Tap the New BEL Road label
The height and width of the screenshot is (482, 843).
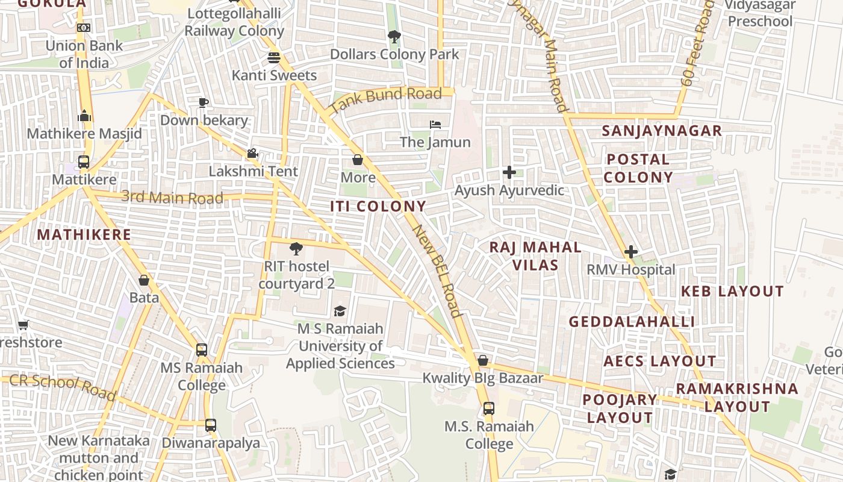point(437,271)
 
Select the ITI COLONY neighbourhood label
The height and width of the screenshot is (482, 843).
point(378,206)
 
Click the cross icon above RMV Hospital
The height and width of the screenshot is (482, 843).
point(631,251)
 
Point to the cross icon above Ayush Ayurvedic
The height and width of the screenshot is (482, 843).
point(509,172)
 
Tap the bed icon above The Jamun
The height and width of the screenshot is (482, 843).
point(435,125)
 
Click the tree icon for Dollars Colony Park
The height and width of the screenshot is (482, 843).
point(394,37)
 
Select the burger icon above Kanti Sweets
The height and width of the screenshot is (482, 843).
point(274,58)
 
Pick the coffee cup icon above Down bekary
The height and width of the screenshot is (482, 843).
point(204,102)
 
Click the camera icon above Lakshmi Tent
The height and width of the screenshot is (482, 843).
point(252,154)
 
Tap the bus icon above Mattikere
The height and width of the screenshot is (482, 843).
point(84,162)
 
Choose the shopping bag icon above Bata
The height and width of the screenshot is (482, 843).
point(144,280)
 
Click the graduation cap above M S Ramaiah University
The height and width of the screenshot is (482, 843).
point(340,311)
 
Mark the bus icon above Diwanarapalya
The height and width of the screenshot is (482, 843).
point(210,425)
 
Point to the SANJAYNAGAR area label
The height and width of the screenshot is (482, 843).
point(662,131)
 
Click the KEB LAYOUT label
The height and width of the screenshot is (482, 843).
point(732,292)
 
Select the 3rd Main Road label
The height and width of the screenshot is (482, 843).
point(172,197)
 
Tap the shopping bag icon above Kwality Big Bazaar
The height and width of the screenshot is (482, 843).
point(483,360)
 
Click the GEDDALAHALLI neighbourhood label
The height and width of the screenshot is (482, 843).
point(632,322)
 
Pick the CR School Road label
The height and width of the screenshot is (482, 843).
point(63,387)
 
